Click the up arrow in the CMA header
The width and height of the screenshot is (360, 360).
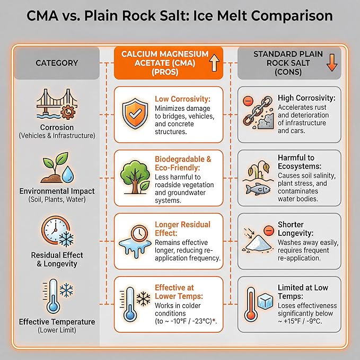[x=214, y=65]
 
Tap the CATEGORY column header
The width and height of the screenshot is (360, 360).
[x=56, y=63]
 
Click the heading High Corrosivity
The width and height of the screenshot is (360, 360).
[x=306, y=99]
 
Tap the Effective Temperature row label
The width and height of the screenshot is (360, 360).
[x=57, y=322]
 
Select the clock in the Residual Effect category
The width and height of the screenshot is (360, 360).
[x=52, y=231]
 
